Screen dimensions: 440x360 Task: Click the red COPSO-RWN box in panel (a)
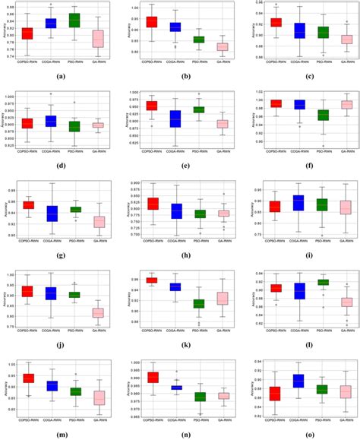click(x=27, y=33)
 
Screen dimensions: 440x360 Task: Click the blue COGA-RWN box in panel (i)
click(x=298, y=202)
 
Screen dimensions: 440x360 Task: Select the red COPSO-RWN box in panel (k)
click(x=152, y=280)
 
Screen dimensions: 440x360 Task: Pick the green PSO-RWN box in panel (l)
click(x=324, y=282)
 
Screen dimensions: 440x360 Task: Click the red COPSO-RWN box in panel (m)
click(x=28, y=378)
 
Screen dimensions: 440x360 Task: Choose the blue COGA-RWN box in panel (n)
click(x=175, y=388)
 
